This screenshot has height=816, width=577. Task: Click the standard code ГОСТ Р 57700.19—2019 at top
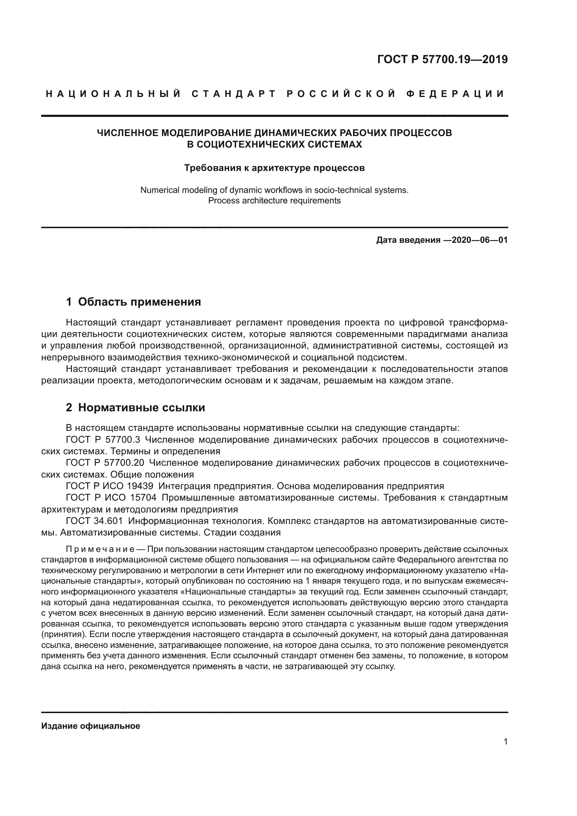coord(442,60)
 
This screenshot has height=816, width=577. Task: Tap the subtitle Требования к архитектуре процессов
coord(274,168)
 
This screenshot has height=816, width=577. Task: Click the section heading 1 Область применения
coord(134,302)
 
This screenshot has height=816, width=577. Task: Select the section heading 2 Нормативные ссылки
coord(135,407)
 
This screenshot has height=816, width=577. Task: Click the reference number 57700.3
coord(123,440)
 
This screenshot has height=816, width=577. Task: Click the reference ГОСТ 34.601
coord(94,521)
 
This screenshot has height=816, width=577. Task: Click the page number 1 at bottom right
coord(505,741)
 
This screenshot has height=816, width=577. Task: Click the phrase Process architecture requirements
coord(274,201)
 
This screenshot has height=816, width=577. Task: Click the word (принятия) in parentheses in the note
coord(62,635)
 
